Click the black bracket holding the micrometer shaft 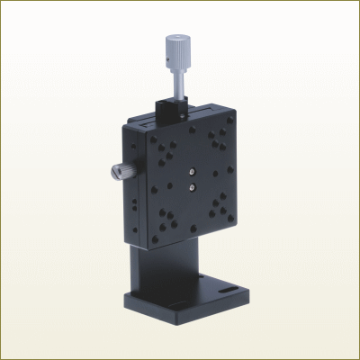pyautogui.click(x=170, y=113)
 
